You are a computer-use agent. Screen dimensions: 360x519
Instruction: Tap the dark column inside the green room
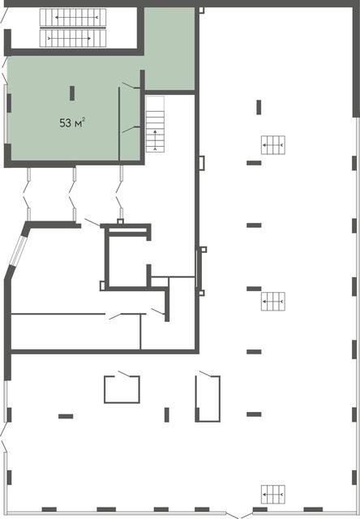(72, 93)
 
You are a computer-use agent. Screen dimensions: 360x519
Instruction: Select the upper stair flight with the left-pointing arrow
(73, 17)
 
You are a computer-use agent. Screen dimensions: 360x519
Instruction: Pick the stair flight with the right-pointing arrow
(73, 38)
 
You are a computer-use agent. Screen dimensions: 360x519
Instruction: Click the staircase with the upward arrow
(155, 124)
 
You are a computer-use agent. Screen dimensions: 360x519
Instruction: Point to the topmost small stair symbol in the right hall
(273, 145)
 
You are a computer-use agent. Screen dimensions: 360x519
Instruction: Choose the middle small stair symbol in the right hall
(273, 301)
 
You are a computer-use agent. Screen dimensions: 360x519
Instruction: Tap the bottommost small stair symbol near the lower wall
(273, 495)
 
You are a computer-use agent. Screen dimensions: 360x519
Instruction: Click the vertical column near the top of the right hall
(259, 107)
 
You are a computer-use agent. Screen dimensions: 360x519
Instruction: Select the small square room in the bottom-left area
(122, 389)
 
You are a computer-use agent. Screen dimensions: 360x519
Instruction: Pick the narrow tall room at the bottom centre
(208, 398)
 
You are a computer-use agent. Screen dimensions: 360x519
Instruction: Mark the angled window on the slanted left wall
(17, 251)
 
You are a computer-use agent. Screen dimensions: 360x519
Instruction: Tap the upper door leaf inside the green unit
(131, 85)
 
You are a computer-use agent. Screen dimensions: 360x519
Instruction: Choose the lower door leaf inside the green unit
(131, 129)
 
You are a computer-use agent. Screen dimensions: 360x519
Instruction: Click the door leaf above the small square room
(125, 374)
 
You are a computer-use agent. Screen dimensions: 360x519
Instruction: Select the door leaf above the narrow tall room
(206, 374)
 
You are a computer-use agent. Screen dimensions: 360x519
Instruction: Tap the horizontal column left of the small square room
(66, 416)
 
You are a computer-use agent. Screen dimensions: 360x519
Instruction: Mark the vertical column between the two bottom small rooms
(167, 414)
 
